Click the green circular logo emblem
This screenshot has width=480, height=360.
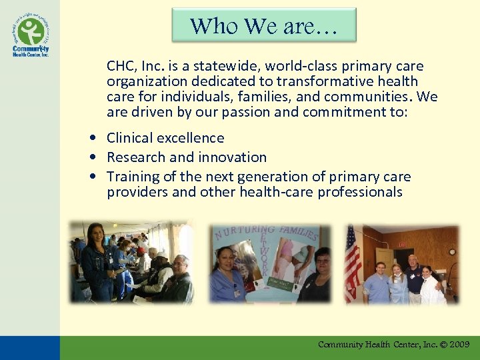pos(31,31)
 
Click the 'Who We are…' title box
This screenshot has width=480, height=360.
pos(264,25)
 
